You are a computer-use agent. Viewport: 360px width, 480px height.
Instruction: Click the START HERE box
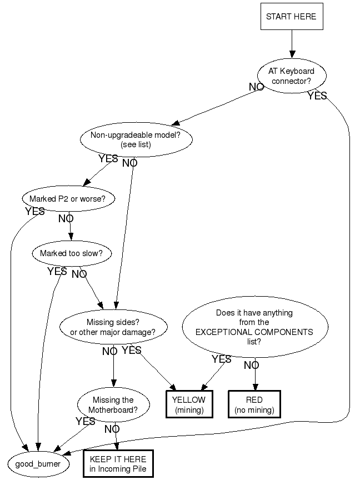coord(291,17)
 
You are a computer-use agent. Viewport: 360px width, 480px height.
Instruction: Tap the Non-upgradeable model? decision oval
coord(136,139)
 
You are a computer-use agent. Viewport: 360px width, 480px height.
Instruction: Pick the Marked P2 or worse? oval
coord(68,198)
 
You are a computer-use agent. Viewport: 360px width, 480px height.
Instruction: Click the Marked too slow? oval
coord(72,253)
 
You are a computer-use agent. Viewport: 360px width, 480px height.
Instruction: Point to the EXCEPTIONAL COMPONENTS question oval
coord(254,327)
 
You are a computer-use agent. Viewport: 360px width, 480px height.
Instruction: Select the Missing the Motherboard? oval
coord(113,405)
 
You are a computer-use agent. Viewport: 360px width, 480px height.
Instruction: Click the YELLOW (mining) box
coord(189,405)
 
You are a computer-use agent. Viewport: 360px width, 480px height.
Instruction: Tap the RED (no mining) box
coord(254,405)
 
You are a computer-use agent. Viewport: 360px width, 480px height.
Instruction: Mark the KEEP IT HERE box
coord(117,464)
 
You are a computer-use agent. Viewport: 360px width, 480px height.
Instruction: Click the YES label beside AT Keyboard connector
coord(317,96)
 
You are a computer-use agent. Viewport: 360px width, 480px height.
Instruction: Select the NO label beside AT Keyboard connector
coord(256,87)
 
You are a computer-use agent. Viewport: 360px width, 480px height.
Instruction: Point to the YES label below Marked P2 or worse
coord(35,212)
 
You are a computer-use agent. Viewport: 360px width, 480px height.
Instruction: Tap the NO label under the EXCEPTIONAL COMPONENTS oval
coord(251,366)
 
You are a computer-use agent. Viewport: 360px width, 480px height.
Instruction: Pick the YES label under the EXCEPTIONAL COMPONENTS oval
coord(221,359)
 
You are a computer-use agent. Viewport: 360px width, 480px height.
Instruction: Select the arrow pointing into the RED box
coord(255,378)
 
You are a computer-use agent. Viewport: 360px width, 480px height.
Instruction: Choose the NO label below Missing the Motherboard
coord(112,429)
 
